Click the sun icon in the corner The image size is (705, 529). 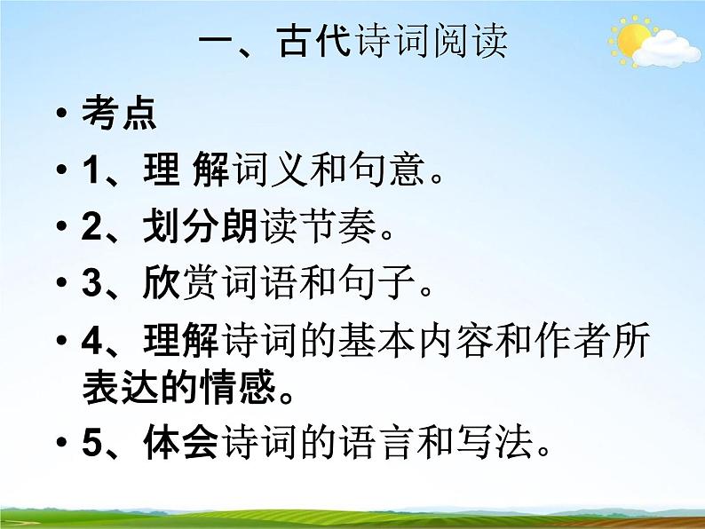[631, 40]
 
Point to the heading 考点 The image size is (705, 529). [118, 114]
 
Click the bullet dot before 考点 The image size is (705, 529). [59, 116]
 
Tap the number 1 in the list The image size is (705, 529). [91, 170]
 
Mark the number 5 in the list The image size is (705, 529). [91, 442]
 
